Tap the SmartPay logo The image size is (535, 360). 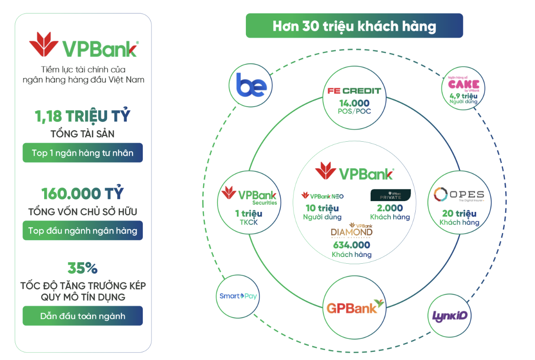[238, 296]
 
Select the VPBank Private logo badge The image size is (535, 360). [390, 195]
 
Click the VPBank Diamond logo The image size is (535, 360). [352, 230]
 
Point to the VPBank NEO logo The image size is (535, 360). [322, 196]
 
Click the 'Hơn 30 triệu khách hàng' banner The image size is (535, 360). [354, 26]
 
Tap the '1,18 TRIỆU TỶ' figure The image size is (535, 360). [82, 116]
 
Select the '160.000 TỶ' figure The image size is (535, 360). [82, 193]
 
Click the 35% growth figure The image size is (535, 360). [82, 268]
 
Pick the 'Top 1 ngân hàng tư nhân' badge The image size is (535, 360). [82, 153]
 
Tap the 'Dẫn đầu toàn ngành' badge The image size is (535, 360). [82, 316]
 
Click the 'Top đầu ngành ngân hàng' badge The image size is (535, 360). [82, 231]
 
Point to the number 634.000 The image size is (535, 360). [352, 245]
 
